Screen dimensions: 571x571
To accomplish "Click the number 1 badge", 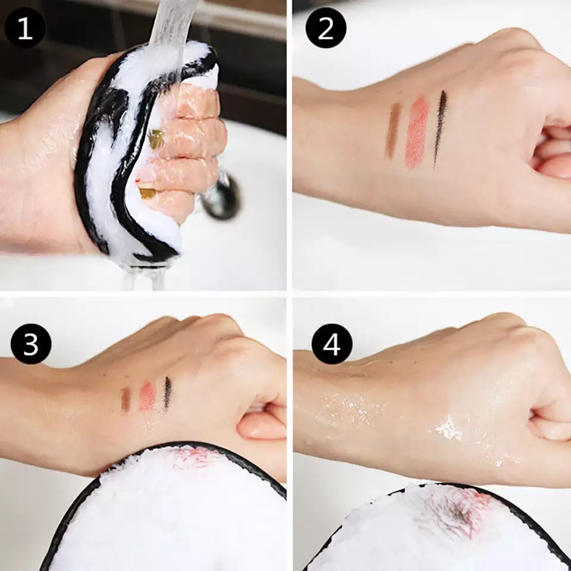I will (x=25, y=29).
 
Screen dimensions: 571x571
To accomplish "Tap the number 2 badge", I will (x=326, y=29).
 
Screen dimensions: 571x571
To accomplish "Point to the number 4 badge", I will (x=331, y=344).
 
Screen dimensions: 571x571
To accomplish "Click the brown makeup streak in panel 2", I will (x=393, y=130).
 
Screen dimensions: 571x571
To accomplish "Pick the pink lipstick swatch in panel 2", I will (x=417, y=131).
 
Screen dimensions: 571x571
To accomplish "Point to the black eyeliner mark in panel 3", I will (x=168, y=393).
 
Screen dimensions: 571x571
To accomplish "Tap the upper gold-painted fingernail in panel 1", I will (x=156, y=139).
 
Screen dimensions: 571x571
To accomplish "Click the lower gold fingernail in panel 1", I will (x=147, y=193).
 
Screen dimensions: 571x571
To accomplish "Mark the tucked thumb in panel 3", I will (x=262, y=425).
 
